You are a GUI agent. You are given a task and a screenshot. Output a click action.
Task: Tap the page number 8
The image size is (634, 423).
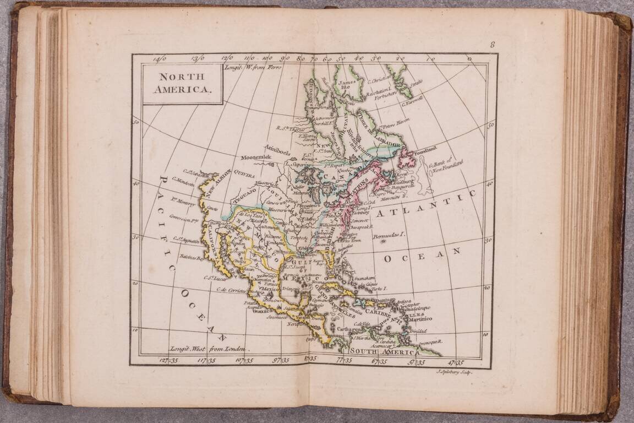point(493,45)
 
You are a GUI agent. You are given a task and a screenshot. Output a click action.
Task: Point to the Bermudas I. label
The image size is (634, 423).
point(389,236)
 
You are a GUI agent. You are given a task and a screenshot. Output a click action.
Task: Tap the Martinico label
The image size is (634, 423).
point(420,319)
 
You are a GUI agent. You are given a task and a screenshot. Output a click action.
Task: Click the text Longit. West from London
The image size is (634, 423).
point(208,349)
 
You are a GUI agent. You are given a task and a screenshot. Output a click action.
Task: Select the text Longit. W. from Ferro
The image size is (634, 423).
point(253,67)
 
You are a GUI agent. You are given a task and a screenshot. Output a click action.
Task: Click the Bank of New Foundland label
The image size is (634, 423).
point(447,164)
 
